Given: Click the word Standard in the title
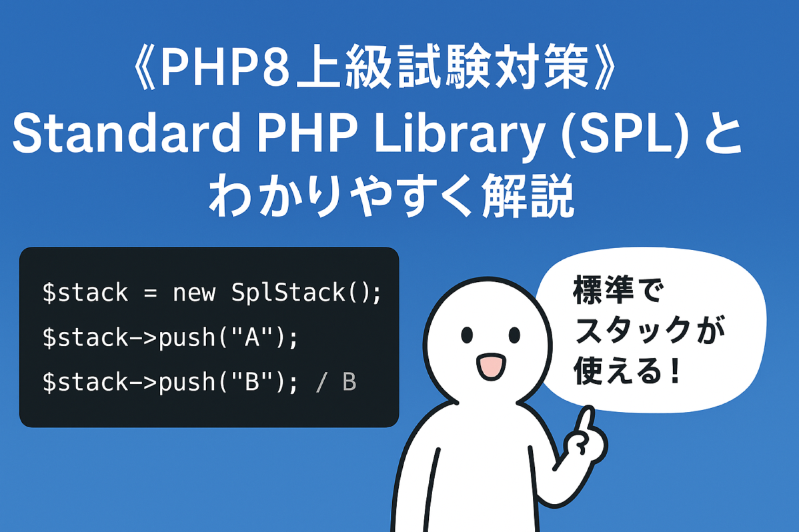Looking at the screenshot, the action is click(x=126, y=133).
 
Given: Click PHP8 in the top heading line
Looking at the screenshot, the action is click(x=225, y=67).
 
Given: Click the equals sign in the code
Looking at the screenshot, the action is click(x=150, y=293).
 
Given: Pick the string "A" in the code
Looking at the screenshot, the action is click(x=252, y=337).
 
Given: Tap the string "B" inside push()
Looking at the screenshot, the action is click(x=252, y=382).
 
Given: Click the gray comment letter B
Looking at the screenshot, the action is click(x=349, y=382).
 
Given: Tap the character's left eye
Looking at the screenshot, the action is click(x=467, y=335).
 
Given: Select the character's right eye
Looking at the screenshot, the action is click(x=514, y=335).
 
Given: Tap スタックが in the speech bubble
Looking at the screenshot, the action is click(x=650, y=330).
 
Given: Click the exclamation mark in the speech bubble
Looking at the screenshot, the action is click(x=675, y=371).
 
